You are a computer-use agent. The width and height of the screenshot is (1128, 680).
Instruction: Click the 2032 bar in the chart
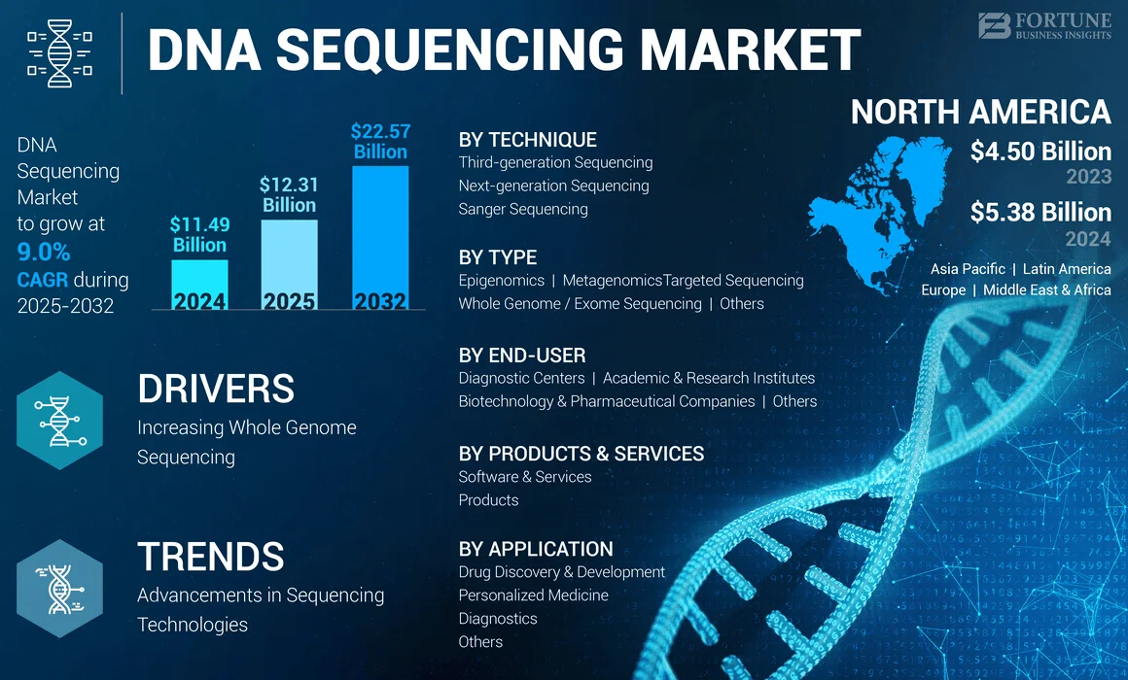[x=380, y=238]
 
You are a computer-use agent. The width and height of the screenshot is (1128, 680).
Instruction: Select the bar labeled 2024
[x=199, y=284]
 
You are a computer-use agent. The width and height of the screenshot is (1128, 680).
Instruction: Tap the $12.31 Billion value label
[x=289, y=194]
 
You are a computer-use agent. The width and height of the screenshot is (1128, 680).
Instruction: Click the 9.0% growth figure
[x=44, y=253]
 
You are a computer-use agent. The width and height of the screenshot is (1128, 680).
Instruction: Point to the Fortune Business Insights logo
[x=1043, y=25]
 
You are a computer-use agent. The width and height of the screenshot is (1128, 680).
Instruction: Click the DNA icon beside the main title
[x=59, y=52]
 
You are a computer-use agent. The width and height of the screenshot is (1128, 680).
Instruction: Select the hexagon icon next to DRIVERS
[x=59, y=421]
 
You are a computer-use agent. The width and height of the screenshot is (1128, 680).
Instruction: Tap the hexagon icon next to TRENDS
[x=59, y=588]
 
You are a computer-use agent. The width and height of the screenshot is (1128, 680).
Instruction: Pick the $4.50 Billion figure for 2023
[x=1040, y=152]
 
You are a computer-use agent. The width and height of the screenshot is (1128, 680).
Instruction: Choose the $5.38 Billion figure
[x=1040, y=213]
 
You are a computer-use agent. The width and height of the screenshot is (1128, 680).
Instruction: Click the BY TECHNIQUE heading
[x=527, y=140]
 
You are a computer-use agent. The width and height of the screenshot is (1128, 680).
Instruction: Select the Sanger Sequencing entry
[x=523, y=209]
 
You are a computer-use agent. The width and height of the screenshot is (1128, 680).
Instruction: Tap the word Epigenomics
[x=501, y=281]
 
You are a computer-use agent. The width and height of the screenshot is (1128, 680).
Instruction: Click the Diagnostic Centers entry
[x=521, y=378]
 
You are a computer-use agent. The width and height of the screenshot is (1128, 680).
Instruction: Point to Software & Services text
[x=525, y=477]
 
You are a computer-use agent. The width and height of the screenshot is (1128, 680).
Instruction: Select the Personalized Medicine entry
[x=533, y=595]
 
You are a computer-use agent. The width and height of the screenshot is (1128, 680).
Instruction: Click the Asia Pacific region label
[x=968, y=269]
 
